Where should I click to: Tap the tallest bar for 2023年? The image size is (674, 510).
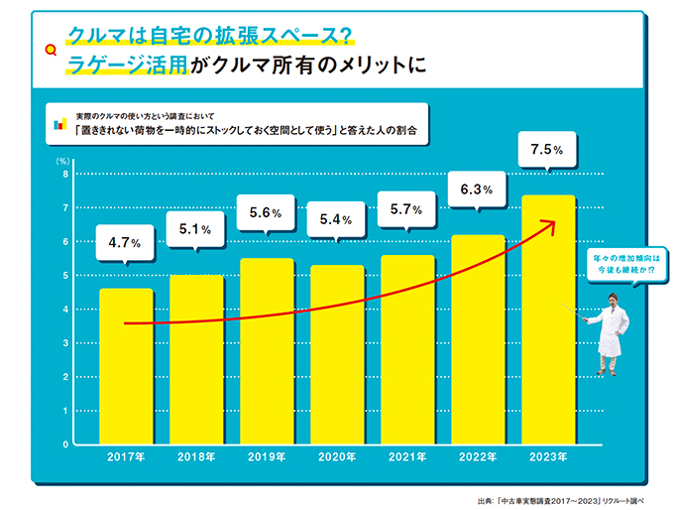[x=548, y=318]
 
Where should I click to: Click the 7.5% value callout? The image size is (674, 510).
[x=547, y=151]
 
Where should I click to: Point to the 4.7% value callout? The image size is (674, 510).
[x=125, y=241]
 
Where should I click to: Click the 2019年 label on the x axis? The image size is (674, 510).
[x=267, y=457]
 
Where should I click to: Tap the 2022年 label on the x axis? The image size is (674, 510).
[x=478, y=457]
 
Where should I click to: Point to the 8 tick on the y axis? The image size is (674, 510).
[x=65, y=175]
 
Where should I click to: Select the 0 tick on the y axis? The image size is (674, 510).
[x=65, y=444]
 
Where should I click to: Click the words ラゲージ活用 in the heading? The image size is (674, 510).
[x=126, y=65]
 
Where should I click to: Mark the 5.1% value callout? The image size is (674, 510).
[x=195, y=229]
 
